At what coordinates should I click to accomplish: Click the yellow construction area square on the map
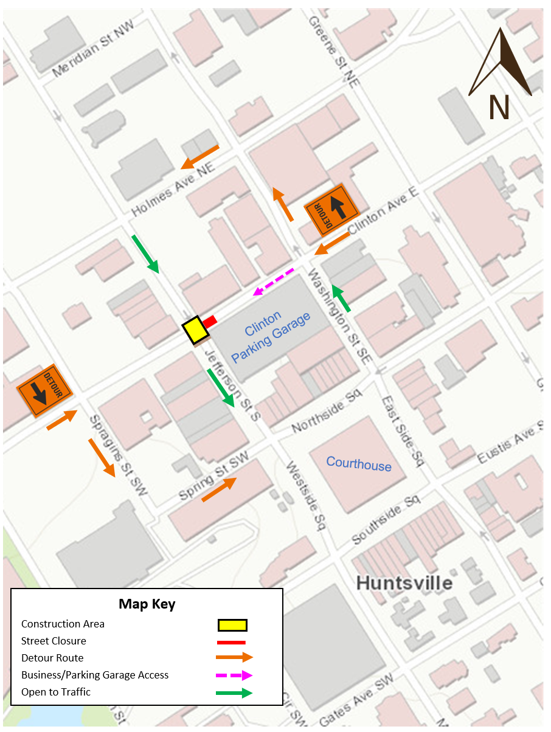coord(195,331)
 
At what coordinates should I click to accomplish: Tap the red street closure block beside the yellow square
coord(210,320)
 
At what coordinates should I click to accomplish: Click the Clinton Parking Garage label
coord(271,336)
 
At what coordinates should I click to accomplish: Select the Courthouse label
coord(359,464)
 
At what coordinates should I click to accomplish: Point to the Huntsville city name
coord(404,582)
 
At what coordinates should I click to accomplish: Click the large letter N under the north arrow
coord(499,107)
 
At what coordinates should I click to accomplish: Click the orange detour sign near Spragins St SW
coord(44,390)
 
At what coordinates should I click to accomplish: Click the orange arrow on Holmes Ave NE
coord(200,157)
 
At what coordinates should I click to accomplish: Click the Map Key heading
coord(147,604)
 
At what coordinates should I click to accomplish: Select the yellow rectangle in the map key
coord(232,625)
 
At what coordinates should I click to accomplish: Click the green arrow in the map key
coord(234,692)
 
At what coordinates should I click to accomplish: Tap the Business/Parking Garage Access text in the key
coord(95,675)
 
